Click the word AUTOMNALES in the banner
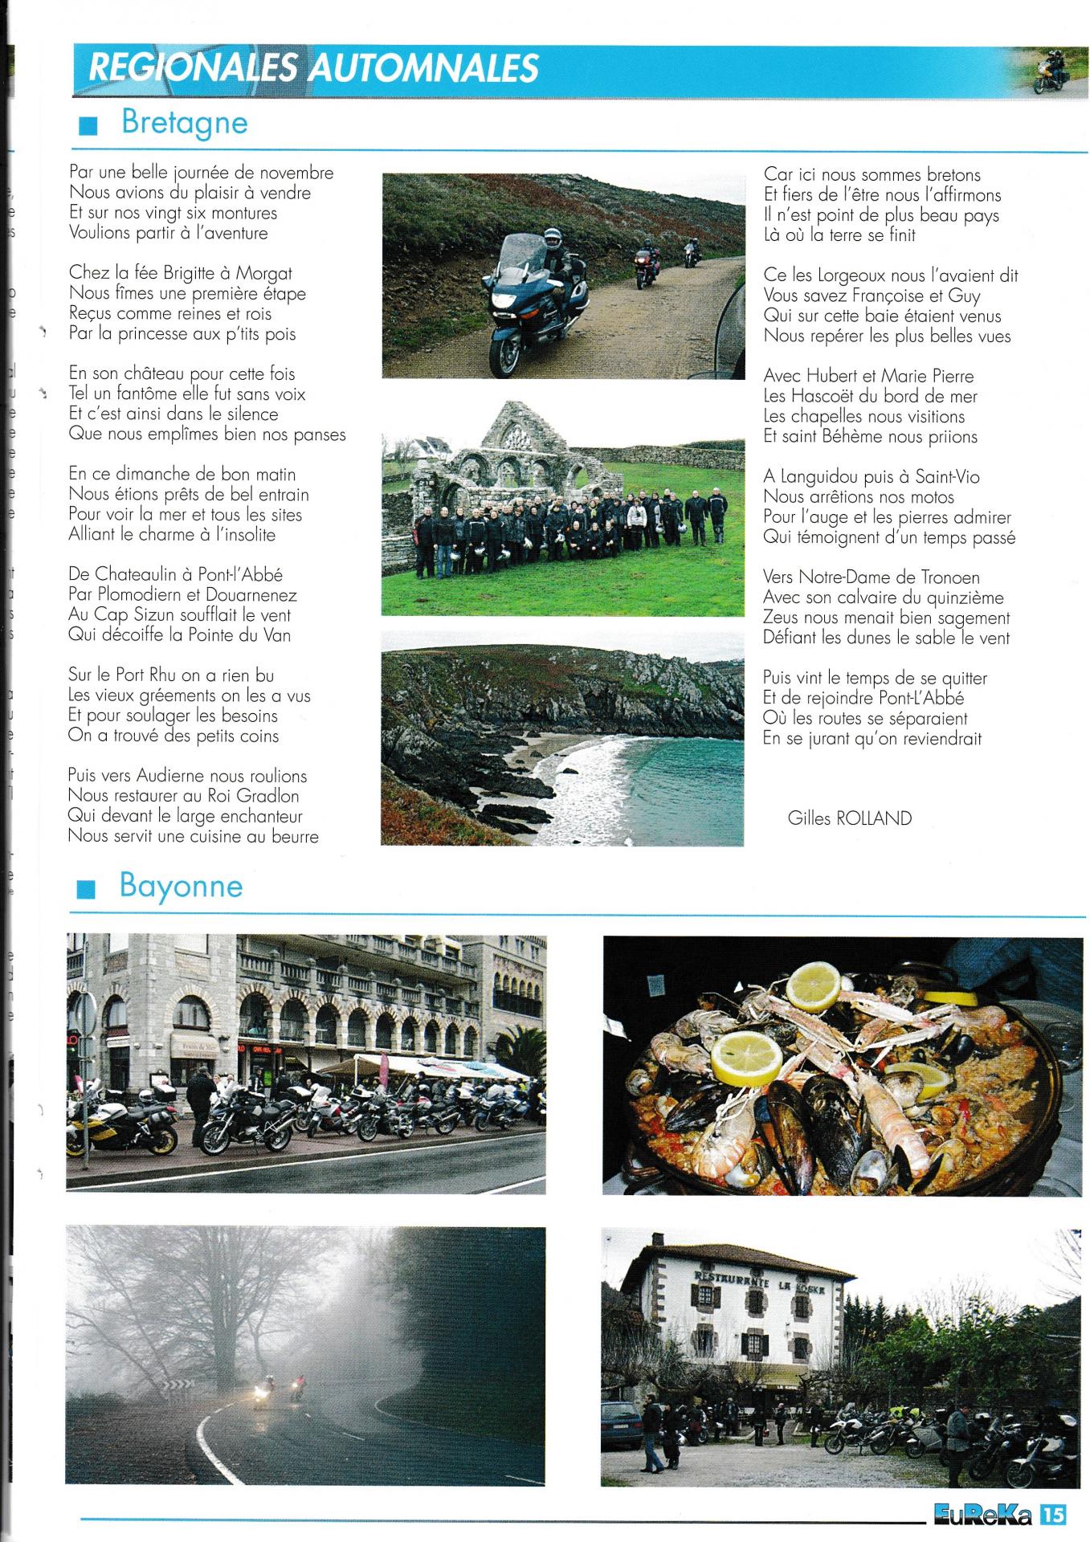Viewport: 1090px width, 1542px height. tap(424, 67)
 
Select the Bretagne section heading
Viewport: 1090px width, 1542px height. tap(184, 123)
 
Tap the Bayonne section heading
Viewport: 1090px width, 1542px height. tap(181, 886)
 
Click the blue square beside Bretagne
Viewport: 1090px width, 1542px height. tap(88, 126)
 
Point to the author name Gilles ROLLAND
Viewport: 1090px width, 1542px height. tap(849, 818)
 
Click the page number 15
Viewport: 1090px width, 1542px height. tap(1053, 1514)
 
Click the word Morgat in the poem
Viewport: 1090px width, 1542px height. tap(263, 273)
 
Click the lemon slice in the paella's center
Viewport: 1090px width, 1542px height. tap(746, 1056)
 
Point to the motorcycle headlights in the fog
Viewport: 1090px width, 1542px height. tap(262, 1389)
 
